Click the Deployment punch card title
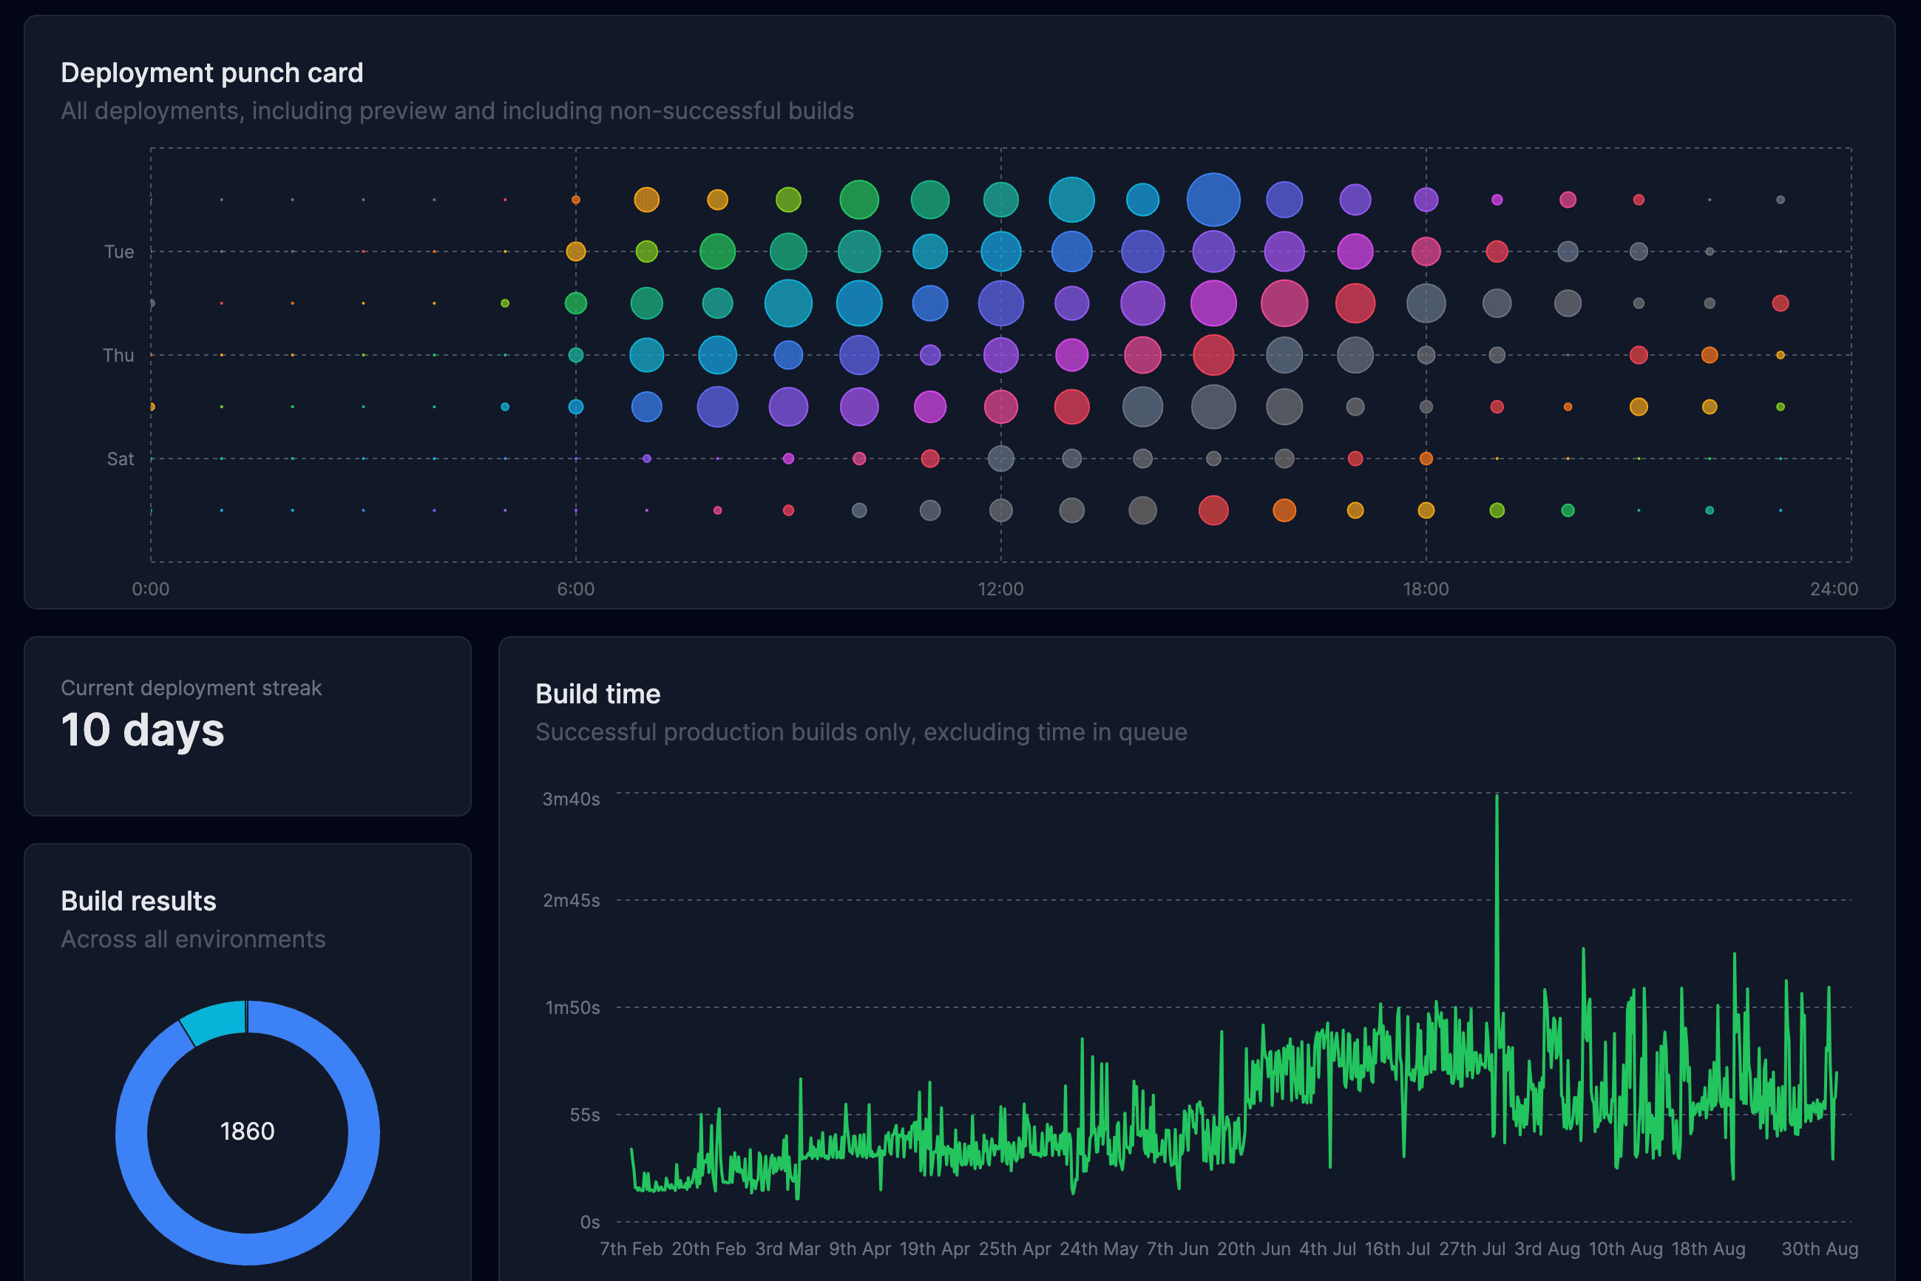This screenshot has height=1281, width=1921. [x=211, y=72]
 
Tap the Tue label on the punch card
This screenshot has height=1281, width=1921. [x=119, y=251]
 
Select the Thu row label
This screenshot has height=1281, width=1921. [x=118, y=355]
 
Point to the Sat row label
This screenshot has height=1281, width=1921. [x=120, y=459]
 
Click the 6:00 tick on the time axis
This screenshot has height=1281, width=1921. [x=576, y=589]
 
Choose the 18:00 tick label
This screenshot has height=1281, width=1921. [x=1426, y=589]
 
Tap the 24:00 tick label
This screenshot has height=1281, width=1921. [x=1834, y=589]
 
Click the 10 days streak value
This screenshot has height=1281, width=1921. [x=142, y=729]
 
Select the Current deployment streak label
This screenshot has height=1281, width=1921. [x=191, y=688]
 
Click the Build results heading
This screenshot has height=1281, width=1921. [x=138, y=901]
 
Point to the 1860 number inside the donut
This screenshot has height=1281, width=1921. [x=248, y=1132]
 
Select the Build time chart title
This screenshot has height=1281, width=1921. [x=598, y=694]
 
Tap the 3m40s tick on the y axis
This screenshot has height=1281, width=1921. [x=571, y=799]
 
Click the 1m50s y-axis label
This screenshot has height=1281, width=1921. [x=572, y=1007]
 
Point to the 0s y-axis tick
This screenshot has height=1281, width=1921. [x=590, y=1222]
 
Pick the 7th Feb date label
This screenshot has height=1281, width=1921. [x=631, y=1249]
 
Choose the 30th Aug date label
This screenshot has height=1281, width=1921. [x=1819, y=1249]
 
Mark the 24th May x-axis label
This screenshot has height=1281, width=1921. [x=1099, y=1249]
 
